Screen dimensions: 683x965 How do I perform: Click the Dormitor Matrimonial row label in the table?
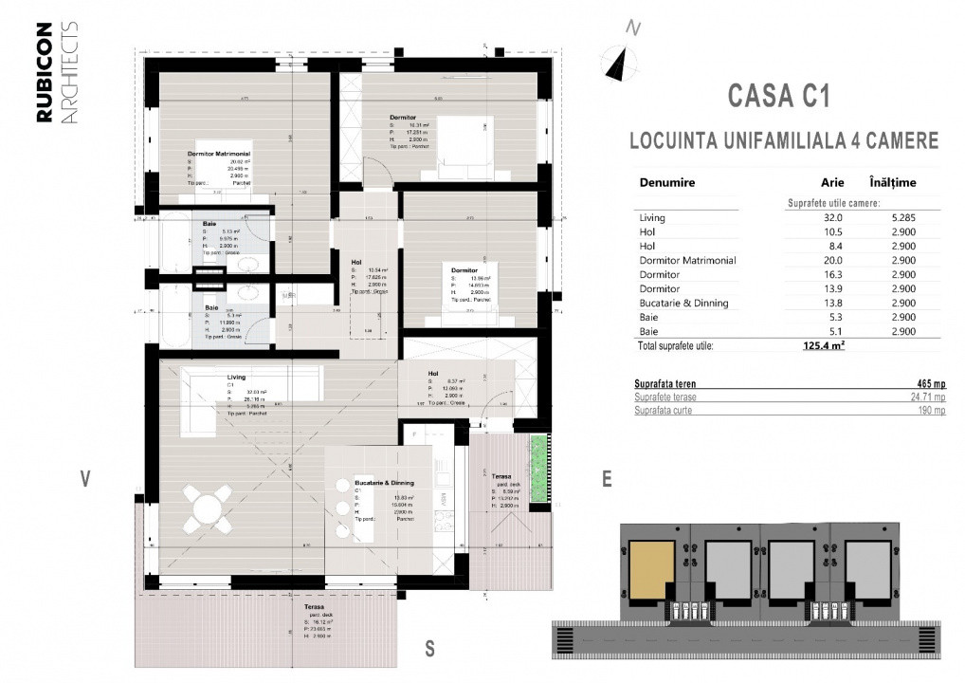[687, 260]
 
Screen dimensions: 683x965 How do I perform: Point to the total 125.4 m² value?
[823, 346]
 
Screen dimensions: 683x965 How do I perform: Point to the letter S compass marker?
[429, 649]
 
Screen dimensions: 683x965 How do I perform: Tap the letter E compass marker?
[607, 480]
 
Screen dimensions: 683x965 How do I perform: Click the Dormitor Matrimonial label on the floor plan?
[218, 153]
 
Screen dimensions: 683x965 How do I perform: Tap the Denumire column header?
[667, 182]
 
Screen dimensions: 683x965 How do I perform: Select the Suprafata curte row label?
[662, 411]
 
